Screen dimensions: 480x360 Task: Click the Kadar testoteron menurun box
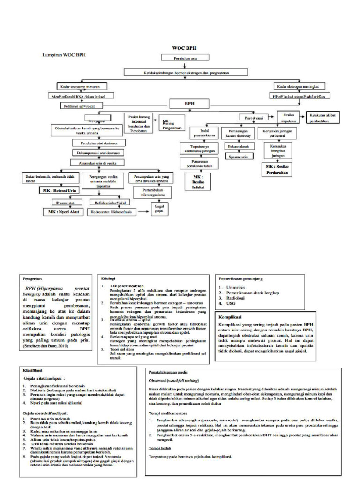[81, 87]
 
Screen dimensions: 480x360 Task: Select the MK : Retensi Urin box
[58, 191]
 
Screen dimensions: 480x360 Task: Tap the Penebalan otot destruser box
[96, 142]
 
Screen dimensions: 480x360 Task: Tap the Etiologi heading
[107, 277]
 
